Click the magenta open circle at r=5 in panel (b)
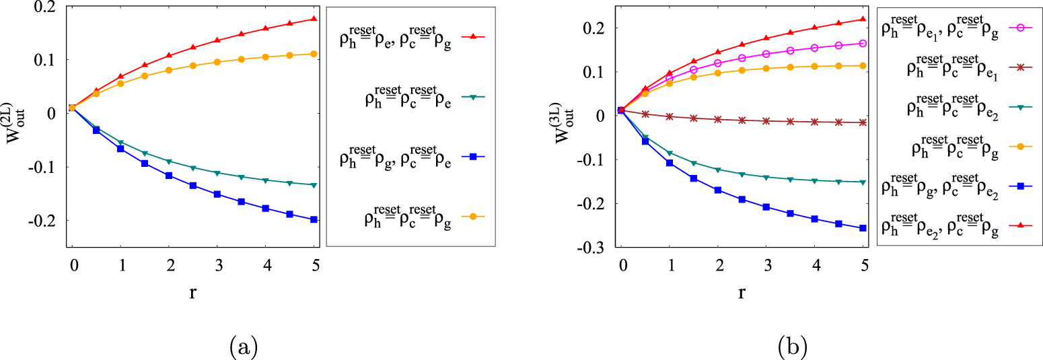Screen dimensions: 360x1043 (x=863, y=44)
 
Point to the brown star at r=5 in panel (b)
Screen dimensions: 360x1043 (x=863, y=122)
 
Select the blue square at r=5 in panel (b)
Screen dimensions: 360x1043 (x=863, y=228)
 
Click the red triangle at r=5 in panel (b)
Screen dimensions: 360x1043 (x=863, y=19)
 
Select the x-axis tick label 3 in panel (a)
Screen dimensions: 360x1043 (x=217, y=266)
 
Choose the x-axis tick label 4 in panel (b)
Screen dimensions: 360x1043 (x=815, y=266)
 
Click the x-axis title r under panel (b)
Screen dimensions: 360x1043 (x=742, y=293)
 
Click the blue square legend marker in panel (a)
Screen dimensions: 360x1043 (x=472, y=157)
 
